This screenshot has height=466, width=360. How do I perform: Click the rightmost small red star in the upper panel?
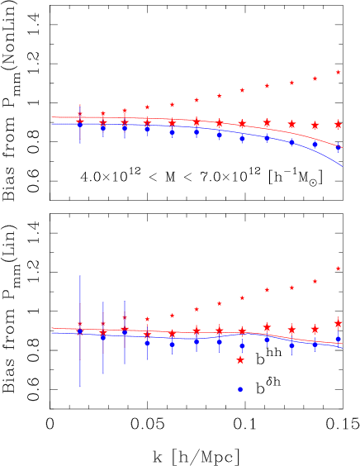click(338, 72)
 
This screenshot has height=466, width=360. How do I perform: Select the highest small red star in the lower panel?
click(338, 269)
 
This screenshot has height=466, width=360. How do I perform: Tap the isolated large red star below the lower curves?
click(240, 360)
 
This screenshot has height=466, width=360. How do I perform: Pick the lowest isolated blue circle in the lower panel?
click(240, 389)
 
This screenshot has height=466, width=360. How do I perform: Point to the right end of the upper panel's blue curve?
click(342, 166)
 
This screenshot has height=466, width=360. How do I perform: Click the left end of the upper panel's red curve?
click(51, 116)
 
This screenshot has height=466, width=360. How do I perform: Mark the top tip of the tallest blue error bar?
click(80, 275)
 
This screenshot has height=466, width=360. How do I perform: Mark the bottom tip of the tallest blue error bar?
click(80, 388)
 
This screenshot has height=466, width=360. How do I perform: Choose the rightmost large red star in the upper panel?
click(338, 124)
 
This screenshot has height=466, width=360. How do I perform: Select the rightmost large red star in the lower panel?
click(338, 323)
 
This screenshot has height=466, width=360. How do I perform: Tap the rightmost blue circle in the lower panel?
click(338, 339)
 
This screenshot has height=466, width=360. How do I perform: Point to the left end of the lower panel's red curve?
click(51, 328)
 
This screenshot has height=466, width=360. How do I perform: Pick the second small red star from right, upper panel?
click(315, 78)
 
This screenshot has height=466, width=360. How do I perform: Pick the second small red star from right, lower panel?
click(315, 281)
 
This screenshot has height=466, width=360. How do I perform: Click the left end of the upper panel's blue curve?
click(51, 125)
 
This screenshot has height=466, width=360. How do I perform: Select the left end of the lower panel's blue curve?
click(51, 333)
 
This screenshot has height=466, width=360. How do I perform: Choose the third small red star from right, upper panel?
click(291, 83)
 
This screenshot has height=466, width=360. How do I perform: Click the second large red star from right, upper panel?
click(315, 126)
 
